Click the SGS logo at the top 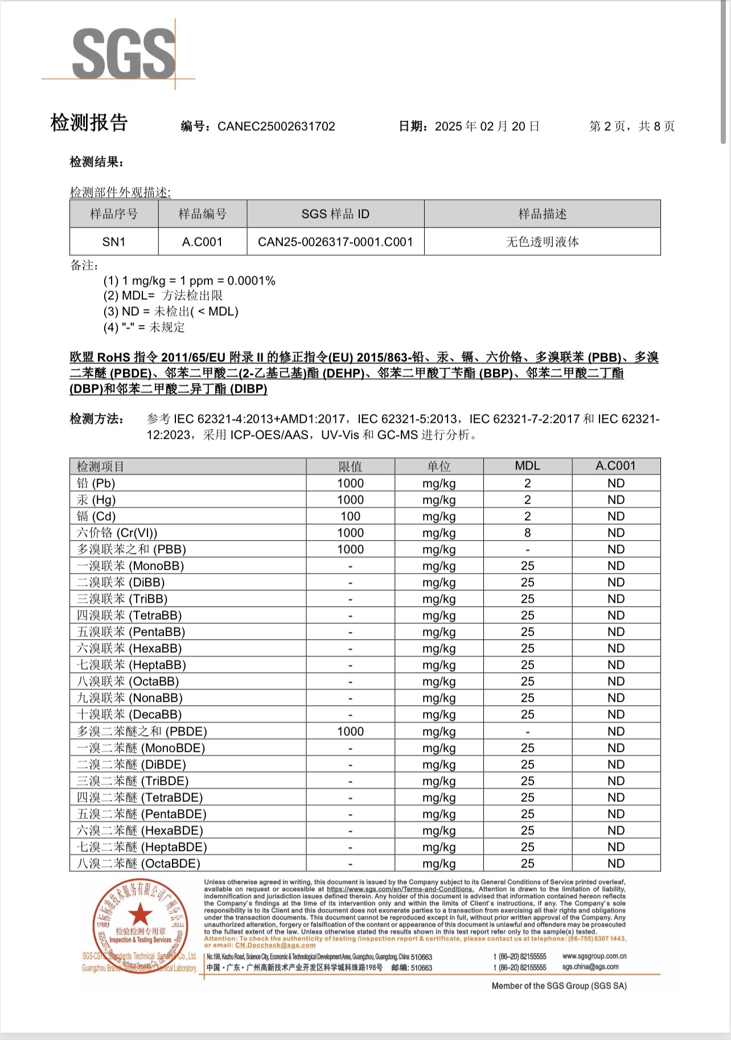124,54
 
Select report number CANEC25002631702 276,126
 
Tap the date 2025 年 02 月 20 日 487,126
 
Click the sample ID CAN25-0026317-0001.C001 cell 335,242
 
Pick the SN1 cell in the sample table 114,242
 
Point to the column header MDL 527,466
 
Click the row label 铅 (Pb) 96,483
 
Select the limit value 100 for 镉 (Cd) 350,516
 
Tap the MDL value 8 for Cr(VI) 527,533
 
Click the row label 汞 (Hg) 96,500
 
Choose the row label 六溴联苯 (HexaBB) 129,648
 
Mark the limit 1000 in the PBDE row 350,731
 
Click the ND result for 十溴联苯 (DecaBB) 615,714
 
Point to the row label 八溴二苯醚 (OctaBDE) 138,864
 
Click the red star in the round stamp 139,914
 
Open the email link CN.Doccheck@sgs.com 275,946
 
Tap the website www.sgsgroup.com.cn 594,956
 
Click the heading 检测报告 89,123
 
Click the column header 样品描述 542,214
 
